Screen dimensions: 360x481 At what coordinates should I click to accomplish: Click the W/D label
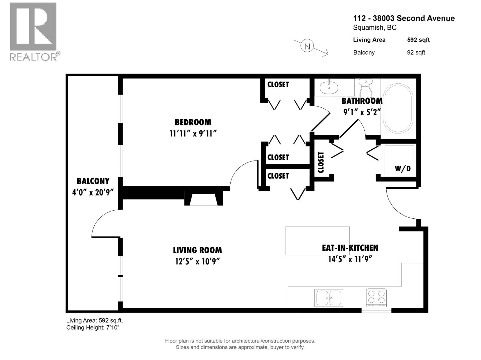point(402,169)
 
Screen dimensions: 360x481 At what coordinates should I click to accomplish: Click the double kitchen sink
point(329,298)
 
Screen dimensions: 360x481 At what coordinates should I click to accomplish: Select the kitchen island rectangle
point(317,240)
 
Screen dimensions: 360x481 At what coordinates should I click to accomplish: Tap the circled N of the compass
point(307,46)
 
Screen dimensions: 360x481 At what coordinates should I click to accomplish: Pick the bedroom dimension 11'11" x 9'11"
point(193,133)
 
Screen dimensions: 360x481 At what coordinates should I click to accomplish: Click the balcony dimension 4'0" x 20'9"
point(93,192)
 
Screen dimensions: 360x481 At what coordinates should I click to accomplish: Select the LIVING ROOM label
point(197,250)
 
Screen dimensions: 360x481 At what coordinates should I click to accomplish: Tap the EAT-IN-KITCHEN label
point(350,248)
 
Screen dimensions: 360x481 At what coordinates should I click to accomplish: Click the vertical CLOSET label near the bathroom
point(321,162)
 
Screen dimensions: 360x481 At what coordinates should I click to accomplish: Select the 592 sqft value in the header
point(418,40)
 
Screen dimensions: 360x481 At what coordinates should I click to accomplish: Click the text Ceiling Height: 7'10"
point(93,328)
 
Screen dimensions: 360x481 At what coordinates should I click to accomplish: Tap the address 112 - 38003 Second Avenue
point(404,18)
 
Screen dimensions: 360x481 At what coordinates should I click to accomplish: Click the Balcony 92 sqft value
point(416,52)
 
